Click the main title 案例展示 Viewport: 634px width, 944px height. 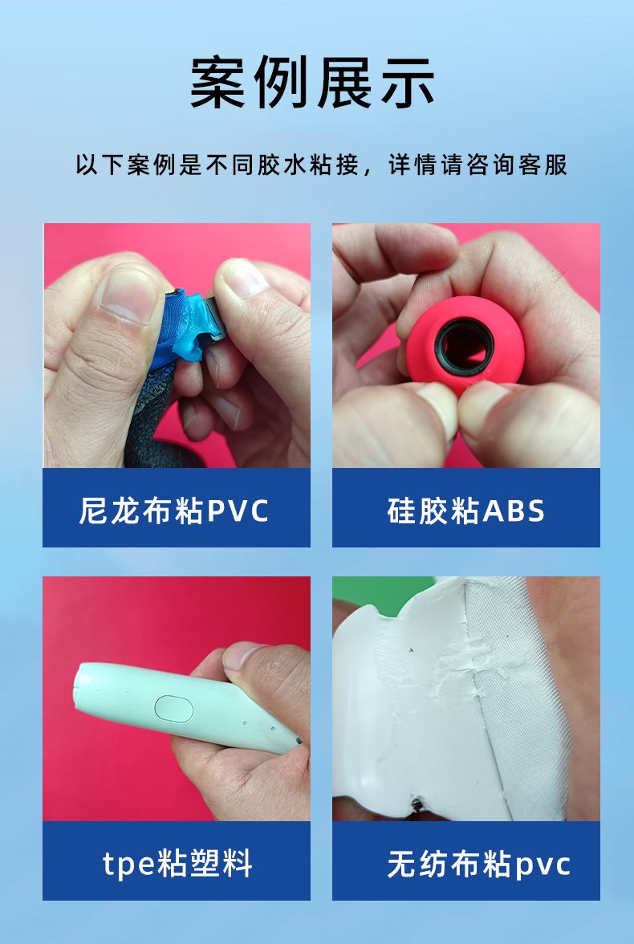(x=312, y=83)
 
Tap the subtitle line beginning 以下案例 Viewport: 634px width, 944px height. (x=322, y=165)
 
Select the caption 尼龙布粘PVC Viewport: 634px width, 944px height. (x=174, y=511)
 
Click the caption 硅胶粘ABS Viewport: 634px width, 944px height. (x=465, y=511)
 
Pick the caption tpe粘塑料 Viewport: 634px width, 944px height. (x=177, y=864)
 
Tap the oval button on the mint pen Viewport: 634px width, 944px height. (x=174, y=709)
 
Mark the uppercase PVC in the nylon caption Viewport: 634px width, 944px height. (x=238, y=511)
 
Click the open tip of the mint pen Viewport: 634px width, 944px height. (x=79, y=686)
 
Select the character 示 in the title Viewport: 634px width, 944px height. (x=408, y=83)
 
